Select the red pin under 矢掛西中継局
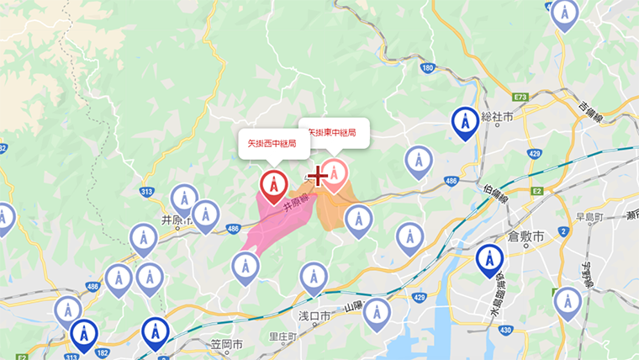click(273, 185)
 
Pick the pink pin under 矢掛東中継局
click(335, 173)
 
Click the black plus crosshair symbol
click(317, 176)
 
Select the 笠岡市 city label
click(225, 345)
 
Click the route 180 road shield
click(427, 68)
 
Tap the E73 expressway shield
click(520, 98)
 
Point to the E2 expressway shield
click(536, 193)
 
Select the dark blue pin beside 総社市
click(465, 122)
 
